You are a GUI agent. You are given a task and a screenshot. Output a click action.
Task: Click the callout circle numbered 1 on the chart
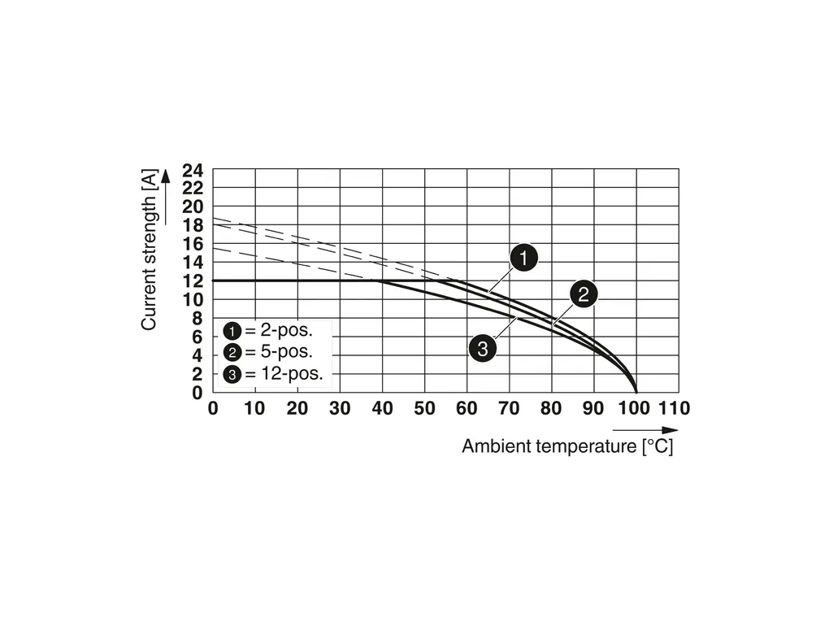[524, 259]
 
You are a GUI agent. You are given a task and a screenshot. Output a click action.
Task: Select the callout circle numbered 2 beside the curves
[584, 294]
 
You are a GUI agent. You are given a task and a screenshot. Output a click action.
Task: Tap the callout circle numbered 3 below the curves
[483, 350]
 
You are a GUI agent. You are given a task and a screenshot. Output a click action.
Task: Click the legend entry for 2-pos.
[267, 331]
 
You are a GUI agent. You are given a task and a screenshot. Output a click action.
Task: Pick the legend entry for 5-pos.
[267, 353]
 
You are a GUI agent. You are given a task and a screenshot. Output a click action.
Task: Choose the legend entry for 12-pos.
[272, 375]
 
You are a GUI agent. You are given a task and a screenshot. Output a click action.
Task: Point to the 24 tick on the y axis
[192, 171]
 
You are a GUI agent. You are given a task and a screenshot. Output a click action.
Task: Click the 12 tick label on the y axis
[192, 281]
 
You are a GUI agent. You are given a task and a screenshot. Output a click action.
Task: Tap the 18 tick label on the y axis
[192, 226]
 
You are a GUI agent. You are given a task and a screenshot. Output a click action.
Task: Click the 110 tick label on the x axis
[674, 408]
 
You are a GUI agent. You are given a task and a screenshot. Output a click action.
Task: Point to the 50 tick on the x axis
[424, 408]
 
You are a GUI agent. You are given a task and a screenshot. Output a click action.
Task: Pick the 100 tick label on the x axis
[635, 408]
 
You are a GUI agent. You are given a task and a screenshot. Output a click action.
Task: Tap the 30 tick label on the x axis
[340, 408]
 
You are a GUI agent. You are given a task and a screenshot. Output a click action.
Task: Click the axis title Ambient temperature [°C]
[567, 446]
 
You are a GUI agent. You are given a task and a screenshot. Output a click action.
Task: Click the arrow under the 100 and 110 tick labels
[645, 429]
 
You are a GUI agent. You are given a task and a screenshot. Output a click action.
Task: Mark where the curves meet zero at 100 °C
[636, 392]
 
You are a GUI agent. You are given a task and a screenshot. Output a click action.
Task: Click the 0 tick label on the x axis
[213, 408]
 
